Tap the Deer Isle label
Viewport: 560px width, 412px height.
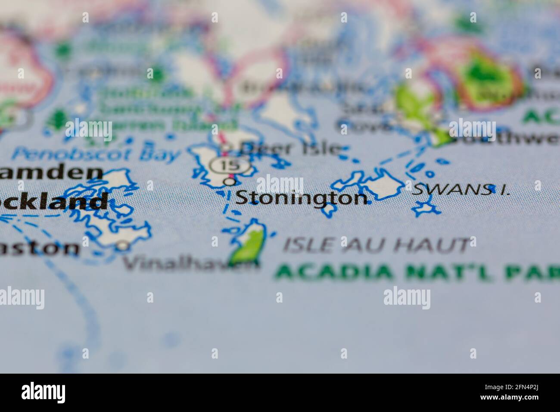click(291, 148)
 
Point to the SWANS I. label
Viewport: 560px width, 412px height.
click(460, 190)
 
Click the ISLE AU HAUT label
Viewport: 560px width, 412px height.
click(376, 245)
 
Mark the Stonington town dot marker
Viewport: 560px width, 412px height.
click(230, 182)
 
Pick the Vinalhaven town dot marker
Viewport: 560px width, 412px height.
click(124, 246)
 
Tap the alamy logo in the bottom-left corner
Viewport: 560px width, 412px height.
click(44, 393)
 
